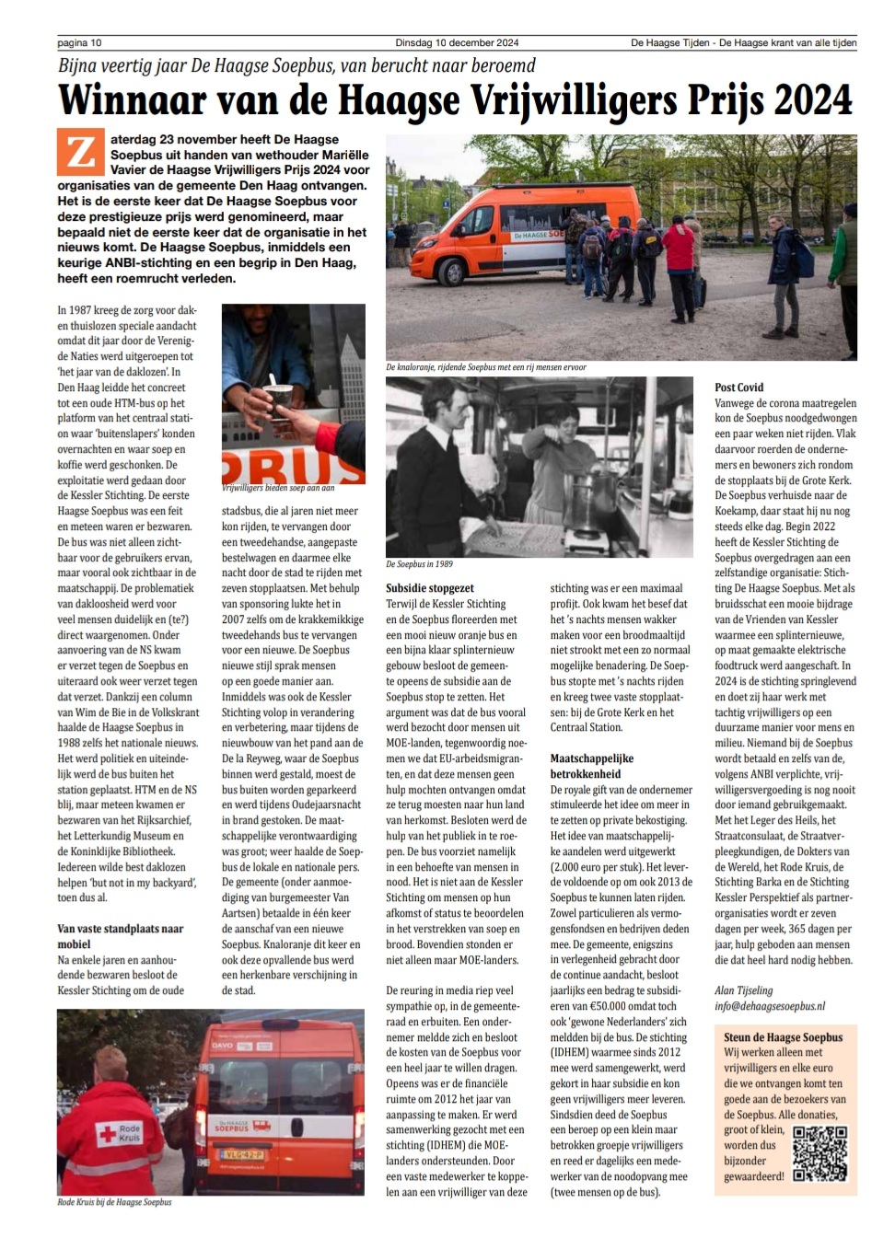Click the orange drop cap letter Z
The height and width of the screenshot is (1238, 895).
[x=80, y=152]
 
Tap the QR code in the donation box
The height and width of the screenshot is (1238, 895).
[x=819, y=1152]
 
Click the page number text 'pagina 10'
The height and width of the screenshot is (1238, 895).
[x=79, y=42]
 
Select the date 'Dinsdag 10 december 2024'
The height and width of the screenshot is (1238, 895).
[x=457, y=42]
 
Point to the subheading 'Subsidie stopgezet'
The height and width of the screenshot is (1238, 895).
[x=430, y=588]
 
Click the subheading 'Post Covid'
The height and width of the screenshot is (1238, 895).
[x=738, y=388]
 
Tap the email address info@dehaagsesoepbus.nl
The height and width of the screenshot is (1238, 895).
[x=770, y=1006]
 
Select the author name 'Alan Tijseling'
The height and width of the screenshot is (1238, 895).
[x=744, y=990]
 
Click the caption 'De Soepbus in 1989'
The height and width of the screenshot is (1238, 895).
[x=419, y=564]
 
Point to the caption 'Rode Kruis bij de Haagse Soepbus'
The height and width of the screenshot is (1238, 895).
[x=114, y=1202]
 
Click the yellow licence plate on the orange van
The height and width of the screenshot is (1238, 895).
[x=242, y=1154]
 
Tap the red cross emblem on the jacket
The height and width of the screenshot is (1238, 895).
[x=108, y=1133]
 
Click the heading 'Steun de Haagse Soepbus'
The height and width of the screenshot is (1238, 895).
[x=783, y=1037]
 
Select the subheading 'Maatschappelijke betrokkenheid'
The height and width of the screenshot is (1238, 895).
[x=592, y=766]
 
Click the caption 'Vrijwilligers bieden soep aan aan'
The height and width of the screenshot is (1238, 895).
[x=278, y=488]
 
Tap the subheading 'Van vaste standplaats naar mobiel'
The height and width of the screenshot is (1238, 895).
[x=120, y=936]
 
